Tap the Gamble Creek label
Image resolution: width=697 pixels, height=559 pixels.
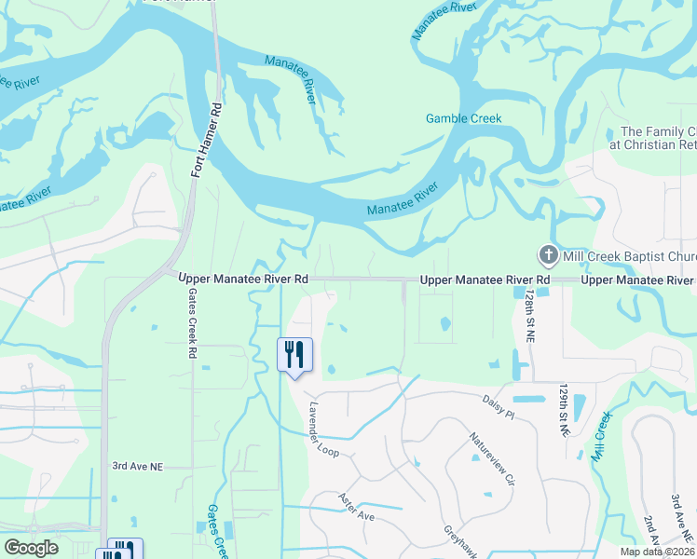[x=463, y=118]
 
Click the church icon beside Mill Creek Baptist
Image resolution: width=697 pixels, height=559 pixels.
[x=548, y=254]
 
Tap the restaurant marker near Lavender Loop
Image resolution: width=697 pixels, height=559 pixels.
[x=294, y=356]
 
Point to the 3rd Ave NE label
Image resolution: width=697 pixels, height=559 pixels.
[x=137, y=466]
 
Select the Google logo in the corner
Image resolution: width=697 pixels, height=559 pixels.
[x=31, y=548]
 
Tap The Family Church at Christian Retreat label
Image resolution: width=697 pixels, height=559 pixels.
[x=658, y=138]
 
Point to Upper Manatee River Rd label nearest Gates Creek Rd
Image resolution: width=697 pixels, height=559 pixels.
[x=243, y=279]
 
